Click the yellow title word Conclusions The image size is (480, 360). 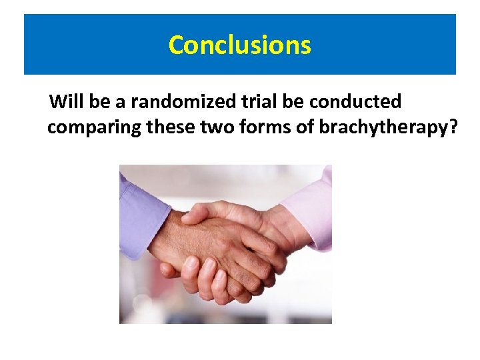pyautogui.click(x=239, y=45)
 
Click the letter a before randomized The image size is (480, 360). pyautogui.click(x=121, y=102)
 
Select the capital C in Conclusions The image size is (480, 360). pyautogui.click(x=177, y=45)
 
